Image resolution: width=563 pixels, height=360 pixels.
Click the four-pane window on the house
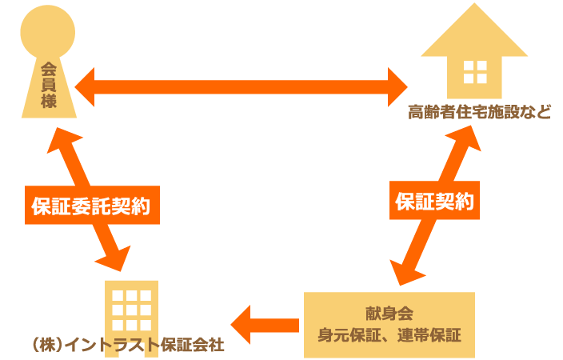tap(475, 72)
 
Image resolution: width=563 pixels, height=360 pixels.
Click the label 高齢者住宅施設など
tap(478, 112)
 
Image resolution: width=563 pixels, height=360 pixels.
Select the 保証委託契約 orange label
tap(92, 206)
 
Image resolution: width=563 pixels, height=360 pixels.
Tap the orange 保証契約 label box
tap(435, 202)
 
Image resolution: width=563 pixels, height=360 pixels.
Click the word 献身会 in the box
tap(389, 312)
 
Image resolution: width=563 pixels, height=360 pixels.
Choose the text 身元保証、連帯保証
tap(389, 335)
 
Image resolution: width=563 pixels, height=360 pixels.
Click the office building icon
tap(131, 308)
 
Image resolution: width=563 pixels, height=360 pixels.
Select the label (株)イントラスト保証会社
tap(128, 345)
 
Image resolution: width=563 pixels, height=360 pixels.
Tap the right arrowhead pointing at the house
tap(398, 86)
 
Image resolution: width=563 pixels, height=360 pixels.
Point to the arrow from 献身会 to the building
tap(264, 325)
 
